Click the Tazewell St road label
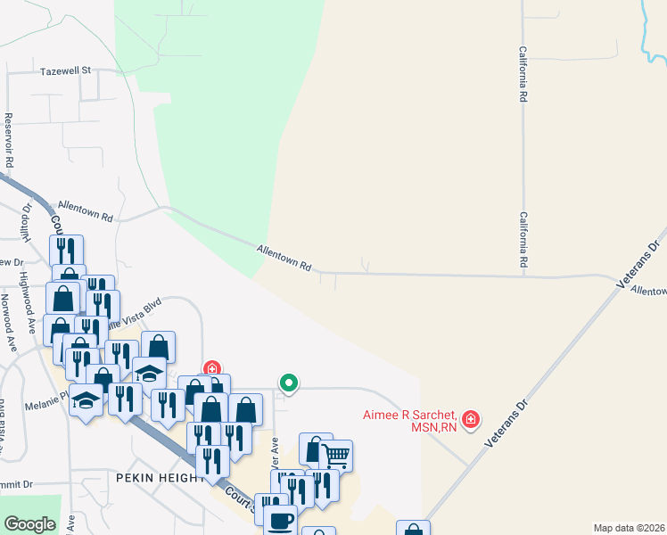66,70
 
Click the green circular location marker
289,383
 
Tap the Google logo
29,524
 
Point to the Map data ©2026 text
630,528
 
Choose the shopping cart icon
336,456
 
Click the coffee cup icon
281,521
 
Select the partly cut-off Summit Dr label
16,484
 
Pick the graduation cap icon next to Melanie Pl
86,401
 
